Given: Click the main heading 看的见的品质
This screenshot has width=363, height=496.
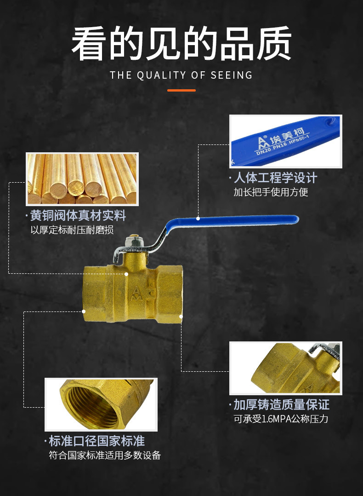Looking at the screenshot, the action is click(181, 44).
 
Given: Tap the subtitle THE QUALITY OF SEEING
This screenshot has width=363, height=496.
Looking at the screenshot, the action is click(181, 75).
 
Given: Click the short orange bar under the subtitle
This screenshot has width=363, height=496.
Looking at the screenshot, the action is click(181, 90).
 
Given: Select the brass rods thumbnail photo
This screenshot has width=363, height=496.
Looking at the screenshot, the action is click(82, 179).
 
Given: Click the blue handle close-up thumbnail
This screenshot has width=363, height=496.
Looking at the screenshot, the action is click(285, 141).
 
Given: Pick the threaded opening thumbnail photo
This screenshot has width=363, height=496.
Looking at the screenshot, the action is click(101, 404).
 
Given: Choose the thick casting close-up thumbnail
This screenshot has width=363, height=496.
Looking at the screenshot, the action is click(285, 368).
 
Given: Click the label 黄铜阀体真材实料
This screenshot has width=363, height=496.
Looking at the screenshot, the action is click(78, 215).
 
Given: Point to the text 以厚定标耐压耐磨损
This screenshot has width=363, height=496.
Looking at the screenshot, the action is click(72, 230).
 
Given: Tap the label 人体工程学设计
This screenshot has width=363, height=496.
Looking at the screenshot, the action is click(275, 178).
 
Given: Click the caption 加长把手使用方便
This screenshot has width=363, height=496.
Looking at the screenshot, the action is click(271, 192).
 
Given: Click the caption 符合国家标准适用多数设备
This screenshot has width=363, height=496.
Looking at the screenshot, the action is click(105, 456).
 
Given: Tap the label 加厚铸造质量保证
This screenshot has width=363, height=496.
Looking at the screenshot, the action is click(281, 404).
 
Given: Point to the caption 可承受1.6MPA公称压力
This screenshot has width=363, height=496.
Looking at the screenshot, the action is click(281, 419).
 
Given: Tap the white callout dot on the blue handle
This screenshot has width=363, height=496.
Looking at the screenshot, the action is click(198, 218).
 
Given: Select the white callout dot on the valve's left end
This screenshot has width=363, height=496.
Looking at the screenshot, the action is click(84, 311).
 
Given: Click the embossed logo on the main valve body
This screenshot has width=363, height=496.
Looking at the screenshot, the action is click(136, 293).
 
